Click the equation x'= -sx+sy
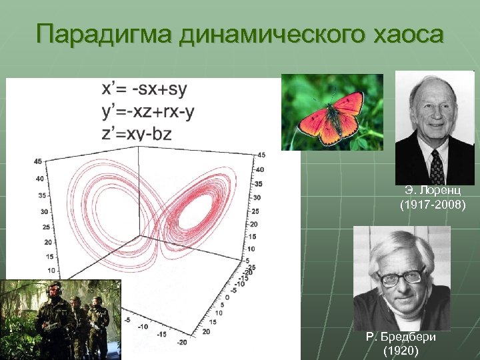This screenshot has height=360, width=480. pyautogui.click(x=145, y=89)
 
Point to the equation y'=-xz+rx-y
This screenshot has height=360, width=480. pyautogui.click(x=148, y=111)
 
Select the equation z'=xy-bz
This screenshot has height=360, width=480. pyautogui.click(x=136, y=133)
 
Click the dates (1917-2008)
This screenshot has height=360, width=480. pyautogui.click(x=433, y=206)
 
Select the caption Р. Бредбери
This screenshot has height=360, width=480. pyautogui.click(x=401, y=337)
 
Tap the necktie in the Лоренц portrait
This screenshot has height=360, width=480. pyautogui.click(x=437, y=167)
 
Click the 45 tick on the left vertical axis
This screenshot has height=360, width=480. pyautogui.click(x=38, y=161)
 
